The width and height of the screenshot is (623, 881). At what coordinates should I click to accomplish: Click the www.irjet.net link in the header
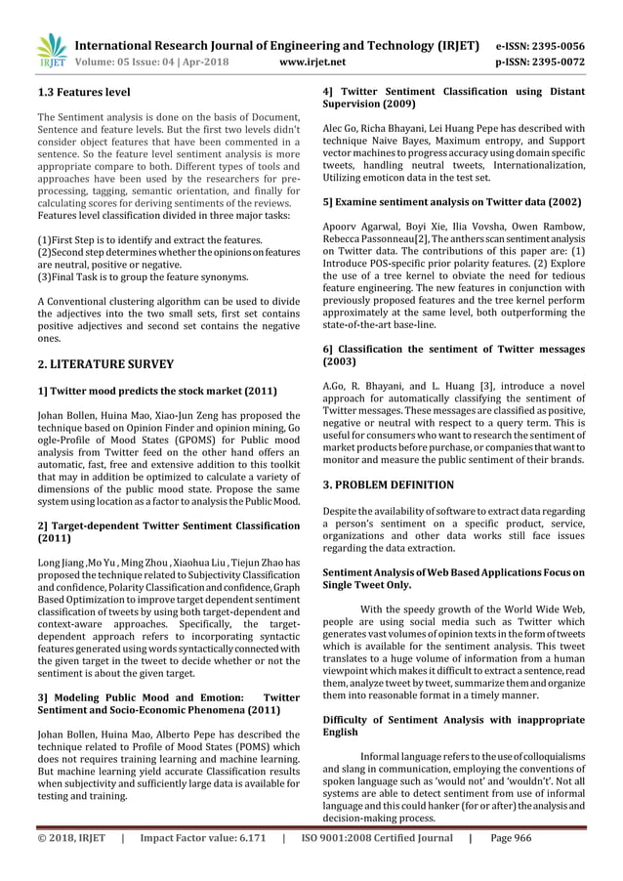(x=308, y=62)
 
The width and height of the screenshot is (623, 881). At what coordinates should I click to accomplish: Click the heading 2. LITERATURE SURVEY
(x=97, y=364)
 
